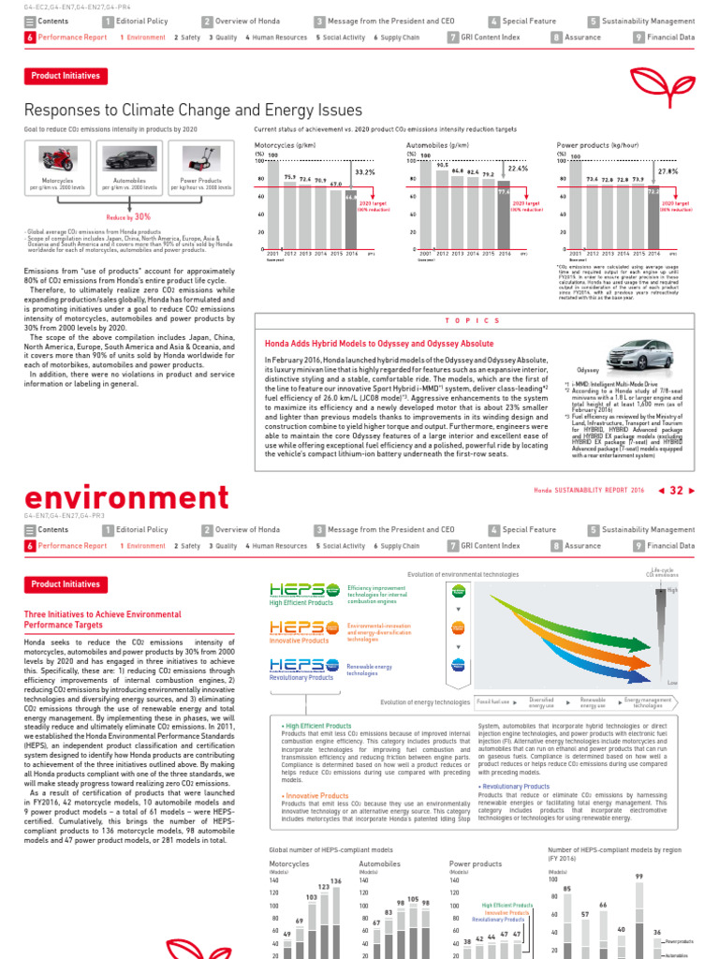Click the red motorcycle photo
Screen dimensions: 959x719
(58, 157)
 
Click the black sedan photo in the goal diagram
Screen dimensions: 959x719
(129, 157)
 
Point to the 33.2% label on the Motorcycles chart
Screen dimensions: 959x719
(365, 172)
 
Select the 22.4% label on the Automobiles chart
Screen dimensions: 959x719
(517, 169)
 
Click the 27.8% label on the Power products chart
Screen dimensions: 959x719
(668, 171)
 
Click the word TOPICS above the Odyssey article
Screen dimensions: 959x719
(478, 320)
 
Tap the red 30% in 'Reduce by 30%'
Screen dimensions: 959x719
(142, 216)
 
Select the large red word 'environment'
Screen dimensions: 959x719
(121, 496)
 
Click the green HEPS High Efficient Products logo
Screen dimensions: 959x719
(298, 589)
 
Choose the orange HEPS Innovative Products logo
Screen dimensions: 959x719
(298, 626)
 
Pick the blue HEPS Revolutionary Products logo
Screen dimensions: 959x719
(298, 663)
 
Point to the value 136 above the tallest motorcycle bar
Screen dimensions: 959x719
(336, 880)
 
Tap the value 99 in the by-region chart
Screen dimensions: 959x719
(639, 875)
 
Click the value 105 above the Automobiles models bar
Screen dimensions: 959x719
(413, 898)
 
